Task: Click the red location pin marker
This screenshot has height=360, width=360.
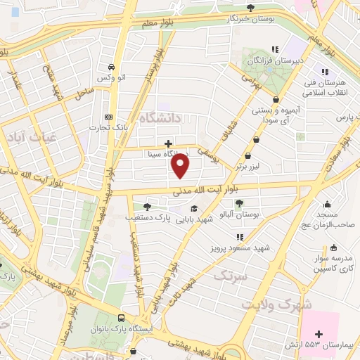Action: (181, 166)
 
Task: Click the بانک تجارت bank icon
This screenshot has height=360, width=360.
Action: (108, 117)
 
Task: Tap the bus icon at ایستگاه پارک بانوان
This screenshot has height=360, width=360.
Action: (122, 319)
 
